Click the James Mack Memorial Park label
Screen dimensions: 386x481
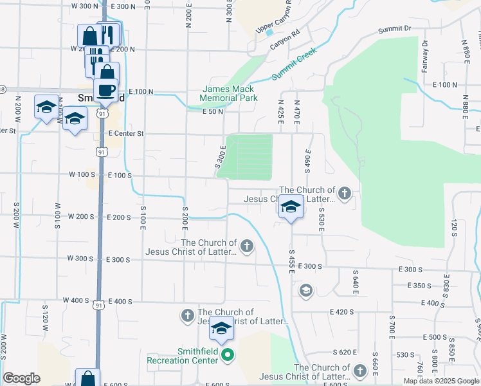[228, 93]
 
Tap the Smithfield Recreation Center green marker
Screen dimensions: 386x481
[226, 354]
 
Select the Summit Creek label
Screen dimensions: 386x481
[294, 65]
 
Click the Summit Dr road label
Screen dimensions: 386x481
[394, 29]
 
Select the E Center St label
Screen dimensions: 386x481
[125, 134]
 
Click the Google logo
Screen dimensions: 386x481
[22, 378]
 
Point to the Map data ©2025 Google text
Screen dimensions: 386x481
[441, 381]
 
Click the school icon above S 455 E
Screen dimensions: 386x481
[291, 207]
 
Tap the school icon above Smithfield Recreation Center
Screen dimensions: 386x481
[221, 329]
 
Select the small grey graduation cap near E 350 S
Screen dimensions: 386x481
[305, 290]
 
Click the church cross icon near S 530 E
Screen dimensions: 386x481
[345, 193]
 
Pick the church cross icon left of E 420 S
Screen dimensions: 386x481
[187, 315]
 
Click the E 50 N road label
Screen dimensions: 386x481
[212, 112]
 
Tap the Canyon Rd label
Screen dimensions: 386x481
[285, 41]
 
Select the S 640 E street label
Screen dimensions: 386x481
[354, 282]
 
